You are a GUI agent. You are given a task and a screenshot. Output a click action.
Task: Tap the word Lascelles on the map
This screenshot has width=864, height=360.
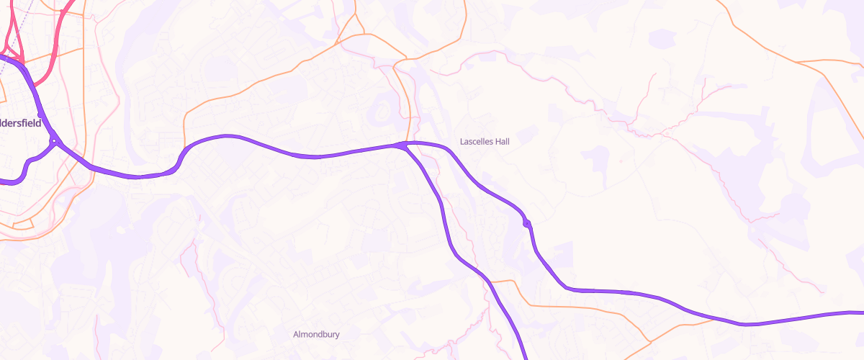(x=476, y=142)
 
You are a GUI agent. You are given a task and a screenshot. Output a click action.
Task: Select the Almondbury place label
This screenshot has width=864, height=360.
(x=316, y=334)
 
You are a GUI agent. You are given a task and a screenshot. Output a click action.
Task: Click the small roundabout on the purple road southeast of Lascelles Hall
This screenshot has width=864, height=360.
(x=528, y=225)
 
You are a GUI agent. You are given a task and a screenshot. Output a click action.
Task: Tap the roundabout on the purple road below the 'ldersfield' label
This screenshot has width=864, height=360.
(x=53, y=140)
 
